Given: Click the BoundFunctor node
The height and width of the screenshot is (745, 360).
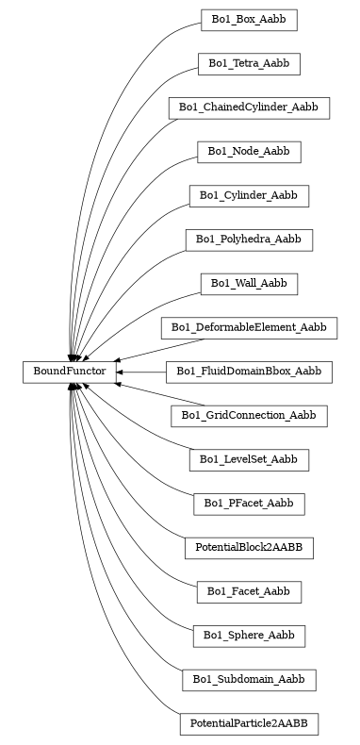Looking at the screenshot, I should (70, 372).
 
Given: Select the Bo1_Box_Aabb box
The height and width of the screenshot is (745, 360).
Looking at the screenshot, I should (249, 19).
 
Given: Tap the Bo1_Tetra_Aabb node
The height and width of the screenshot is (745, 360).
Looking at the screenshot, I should (249, 63).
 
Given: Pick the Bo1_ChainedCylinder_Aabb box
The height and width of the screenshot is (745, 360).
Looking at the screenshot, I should (249, 108).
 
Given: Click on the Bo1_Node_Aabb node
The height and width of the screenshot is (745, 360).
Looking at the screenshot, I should (249, 151).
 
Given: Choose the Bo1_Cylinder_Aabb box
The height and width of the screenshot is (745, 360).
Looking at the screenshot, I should (249, 195).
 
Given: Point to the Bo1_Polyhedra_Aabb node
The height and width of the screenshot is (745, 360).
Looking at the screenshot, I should (249, 240).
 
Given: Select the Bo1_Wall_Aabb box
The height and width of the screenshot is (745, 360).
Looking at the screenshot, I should (249, 284).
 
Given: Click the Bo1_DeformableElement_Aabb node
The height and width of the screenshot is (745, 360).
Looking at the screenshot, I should (249, 328).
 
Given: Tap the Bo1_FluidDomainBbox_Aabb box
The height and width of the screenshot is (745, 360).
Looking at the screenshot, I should (249, 372).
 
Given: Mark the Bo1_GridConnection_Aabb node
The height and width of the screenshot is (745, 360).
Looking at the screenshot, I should (249, 416).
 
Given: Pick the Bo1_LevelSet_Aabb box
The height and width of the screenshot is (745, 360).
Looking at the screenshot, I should (249, 460).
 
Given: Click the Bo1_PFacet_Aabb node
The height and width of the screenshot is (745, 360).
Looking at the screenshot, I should (249, 505).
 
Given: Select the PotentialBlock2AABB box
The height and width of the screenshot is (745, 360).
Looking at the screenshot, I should (249, 548).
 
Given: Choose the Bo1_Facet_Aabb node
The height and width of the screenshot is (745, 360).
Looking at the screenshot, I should (249, 592).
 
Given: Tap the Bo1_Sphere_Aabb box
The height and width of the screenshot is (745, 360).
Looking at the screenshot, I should (249, 637).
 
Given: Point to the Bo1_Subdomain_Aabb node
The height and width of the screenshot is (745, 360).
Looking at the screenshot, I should (249, 680).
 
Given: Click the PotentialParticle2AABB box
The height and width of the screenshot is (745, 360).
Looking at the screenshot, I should (249, 724).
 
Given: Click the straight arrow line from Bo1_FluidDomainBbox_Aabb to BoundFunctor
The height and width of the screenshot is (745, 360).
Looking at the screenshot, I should (143, 372).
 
